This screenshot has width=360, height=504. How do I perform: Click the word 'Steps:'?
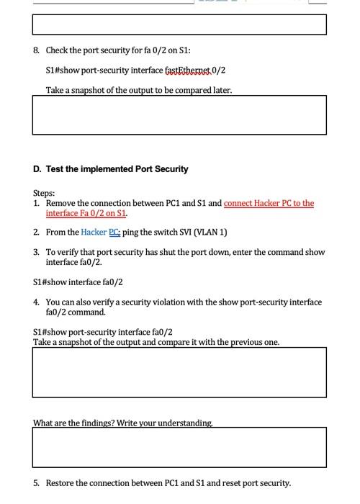tap(44, 194)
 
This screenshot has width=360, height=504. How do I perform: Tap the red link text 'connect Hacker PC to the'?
tap(269, 204)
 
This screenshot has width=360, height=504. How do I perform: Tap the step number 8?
tap(36, 50)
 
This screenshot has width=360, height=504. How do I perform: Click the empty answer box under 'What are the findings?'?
tap(179, 447)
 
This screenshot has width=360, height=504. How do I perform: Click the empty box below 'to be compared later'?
tap(179, 115)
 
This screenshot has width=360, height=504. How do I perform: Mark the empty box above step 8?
tap(179, 24)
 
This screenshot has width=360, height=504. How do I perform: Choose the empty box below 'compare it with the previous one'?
tap(179, 372)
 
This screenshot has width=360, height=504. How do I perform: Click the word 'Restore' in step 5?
tap(60, 483)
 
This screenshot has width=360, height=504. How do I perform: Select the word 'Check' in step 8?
tap(58, 50)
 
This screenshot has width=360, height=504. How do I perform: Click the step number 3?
tap(36, 253)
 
